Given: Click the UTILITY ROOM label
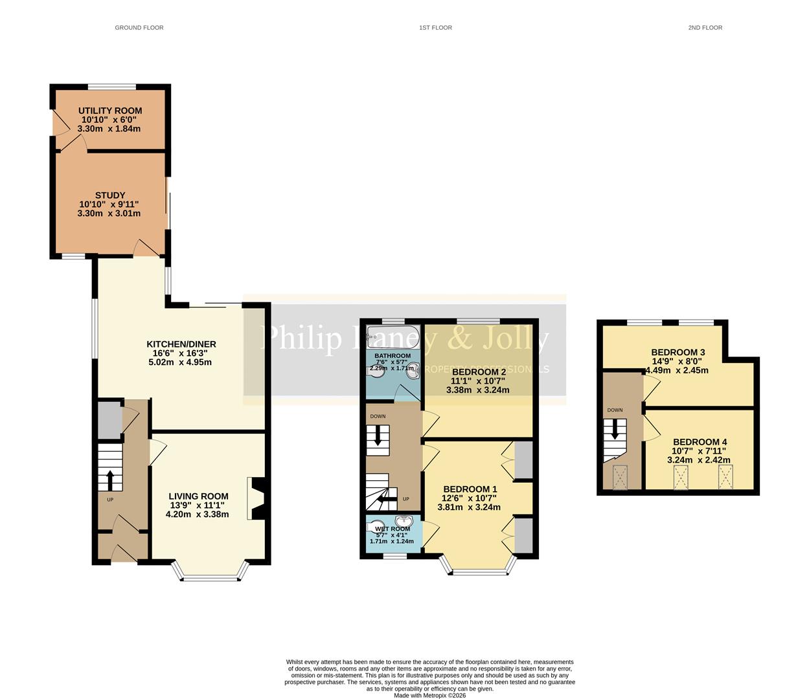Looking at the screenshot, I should pos(110,111).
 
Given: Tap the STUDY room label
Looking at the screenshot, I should pos(110,195).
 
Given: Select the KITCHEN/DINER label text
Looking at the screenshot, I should pos(181,344).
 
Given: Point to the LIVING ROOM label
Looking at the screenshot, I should pos(197,496).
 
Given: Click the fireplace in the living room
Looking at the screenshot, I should pos(257,499).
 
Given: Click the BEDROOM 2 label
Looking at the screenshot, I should pos(479,372).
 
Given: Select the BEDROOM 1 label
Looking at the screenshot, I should pos(470,489).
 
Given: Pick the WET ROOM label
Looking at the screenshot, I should pos(392,529).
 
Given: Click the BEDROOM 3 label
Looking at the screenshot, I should pos(678,353).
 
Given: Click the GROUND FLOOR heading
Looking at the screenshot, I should pos(139,28).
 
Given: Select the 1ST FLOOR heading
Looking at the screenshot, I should pos(435,28).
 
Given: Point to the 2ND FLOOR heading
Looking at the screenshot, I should pos(705,28).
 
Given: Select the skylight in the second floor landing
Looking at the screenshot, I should pos(620,478).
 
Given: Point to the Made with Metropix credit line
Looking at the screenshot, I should pos(429,695).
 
